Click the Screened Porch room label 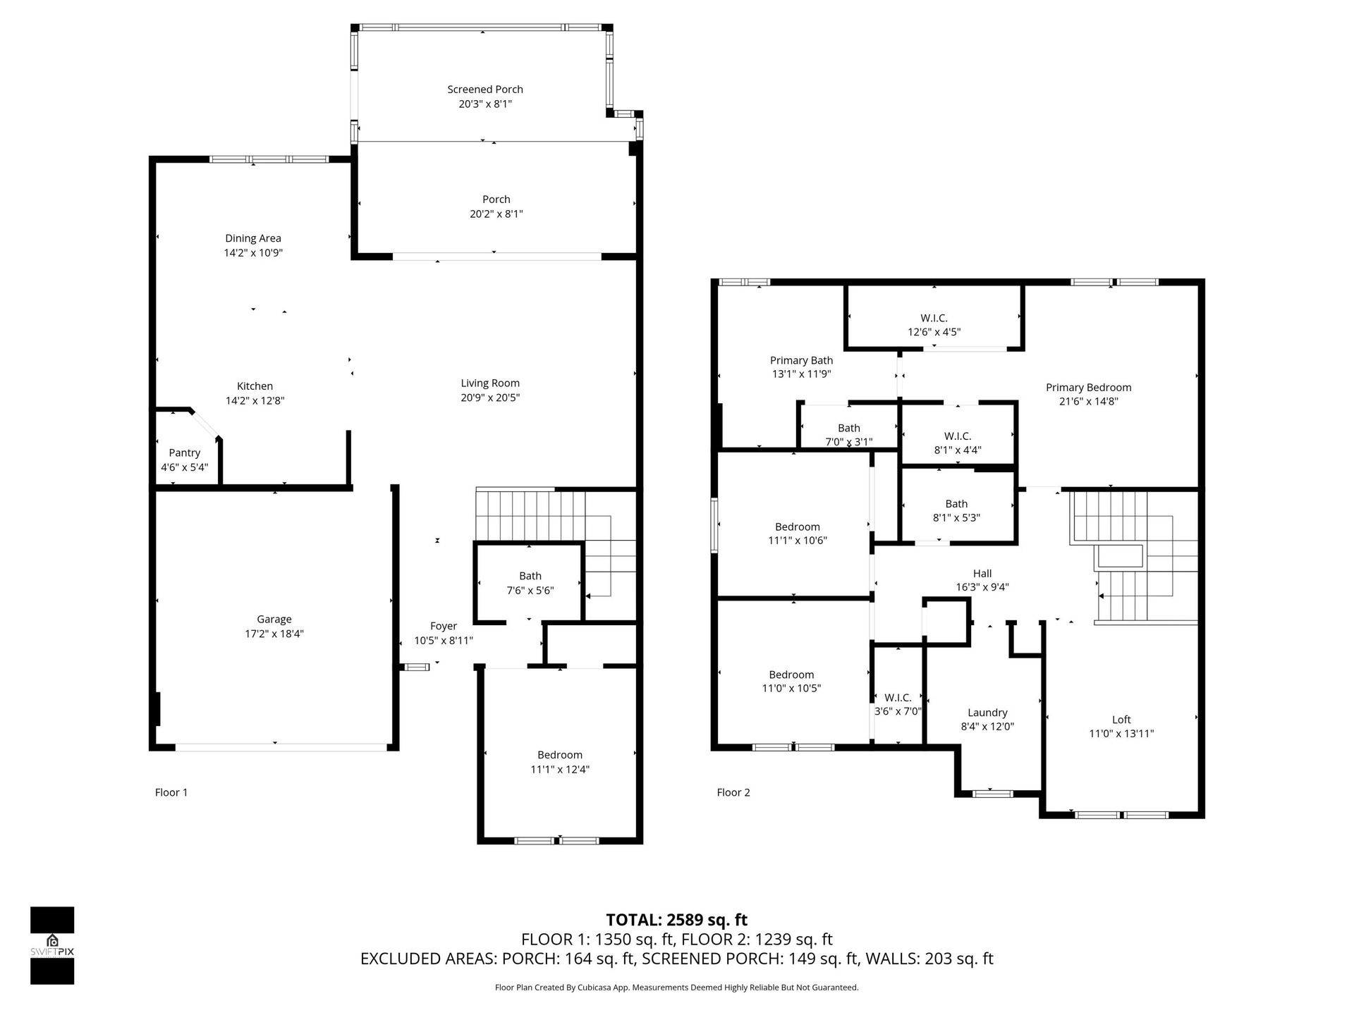[485, 90]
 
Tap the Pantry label [185, 453]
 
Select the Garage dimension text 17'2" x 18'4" [274, 634]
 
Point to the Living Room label [490, 383]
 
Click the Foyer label [444, 626]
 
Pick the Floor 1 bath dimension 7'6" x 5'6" [530, 591]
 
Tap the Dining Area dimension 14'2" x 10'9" [253, 252]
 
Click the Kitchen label [255, 386]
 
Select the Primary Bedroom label [1089, 388]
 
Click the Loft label [1121, 720]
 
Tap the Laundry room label [987, 713]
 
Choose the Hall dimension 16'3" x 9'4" [982, 587]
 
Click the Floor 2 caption [733, 792]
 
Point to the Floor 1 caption [171, 792]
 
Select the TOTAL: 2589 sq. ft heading [677, 920]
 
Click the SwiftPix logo [52, 945]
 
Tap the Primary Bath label [802, 360]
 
